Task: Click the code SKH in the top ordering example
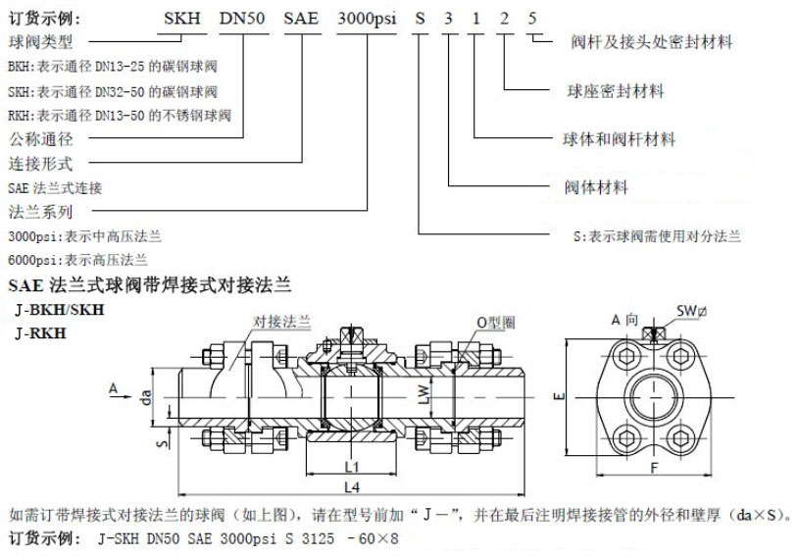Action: [182, 19]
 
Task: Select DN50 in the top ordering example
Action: [242, 19]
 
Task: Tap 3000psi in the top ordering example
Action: [367, 19]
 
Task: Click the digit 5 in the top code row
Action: [531, 19]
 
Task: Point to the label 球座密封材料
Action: [616, 91]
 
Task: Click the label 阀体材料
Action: [596, 187]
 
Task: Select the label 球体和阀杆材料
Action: [619, 139]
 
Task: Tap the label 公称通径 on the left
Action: [41, 139]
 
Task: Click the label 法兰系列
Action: [41, 211]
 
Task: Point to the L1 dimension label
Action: [352, 467]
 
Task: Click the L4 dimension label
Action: [352, 487]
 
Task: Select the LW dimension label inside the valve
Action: [424, 394]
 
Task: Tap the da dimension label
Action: [147, 396]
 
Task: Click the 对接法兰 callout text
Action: [282, 322]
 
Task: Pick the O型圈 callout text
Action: [496, 323]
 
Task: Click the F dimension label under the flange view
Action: [655, 467]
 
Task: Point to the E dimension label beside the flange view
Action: [559, 395]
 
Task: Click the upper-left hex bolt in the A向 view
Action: [625, 356]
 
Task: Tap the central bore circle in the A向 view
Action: [654, 396]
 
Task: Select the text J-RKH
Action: [41, 333]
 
